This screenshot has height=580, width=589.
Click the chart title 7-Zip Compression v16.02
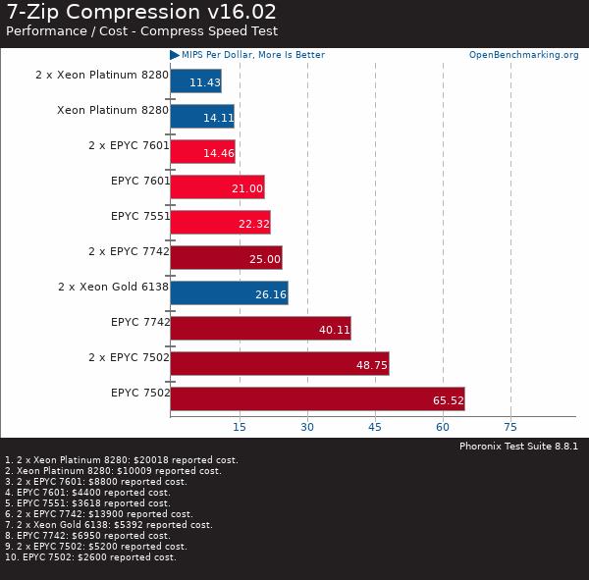point(141,13)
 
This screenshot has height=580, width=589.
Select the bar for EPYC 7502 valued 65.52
point(317,398)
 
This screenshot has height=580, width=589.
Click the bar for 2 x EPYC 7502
point(279,363)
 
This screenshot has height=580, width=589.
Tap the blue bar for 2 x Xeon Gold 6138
point(229,292)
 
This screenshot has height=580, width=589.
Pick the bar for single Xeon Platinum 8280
point(201,116)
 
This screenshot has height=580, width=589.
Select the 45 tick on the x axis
point(375,427)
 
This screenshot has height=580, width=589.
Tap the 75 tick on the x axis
point(510,427)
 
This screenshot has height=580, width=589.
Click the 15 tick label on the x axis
point(239,427)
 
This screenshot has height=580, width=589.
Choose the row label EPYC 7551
point(140,216)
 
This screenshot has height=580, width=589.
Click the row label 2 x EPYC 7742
point(129,251)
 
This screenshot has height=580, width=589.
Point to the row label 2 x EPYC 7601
point(129,145)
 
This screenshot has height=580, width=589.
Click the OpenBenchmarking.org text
point(523,55)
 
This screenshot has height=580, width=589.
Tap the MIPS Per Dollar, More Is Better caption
point(252,55)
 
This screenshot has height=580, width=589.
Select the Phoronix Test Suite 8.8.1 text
point(518,447)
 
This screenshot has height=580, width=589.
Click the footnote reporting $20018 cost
point(121,459)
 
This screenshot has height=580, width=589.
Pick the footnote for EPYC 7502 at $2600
point(90,557)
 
